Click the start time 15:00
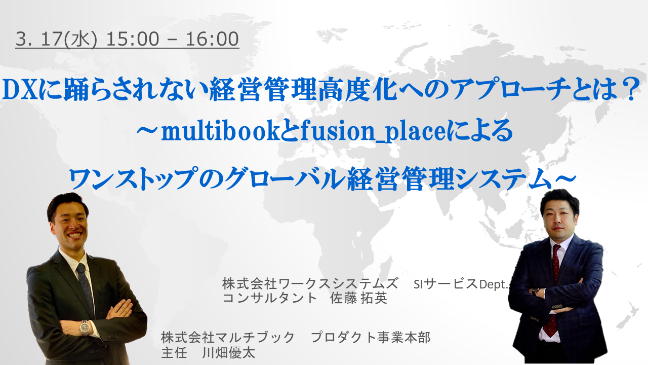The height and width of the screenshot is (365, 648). [133, 39]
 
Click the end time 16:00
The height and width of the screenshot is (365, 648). [212, 39]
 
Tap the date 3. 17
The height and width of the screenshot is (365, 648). [39, 39]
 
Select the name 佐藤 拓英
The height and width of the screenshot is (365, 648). [359, 298]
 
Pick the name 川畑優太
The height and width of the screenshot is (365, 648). [228, 352]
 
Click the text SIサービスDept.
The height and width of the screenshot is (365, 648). [461, 284]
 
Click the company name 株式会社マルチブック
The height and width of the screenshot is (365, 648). [228, 338]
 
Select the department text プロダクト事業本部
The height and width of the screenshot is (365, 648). [371, 338]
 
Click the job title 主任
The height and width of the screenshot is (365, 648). [174, 352]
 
